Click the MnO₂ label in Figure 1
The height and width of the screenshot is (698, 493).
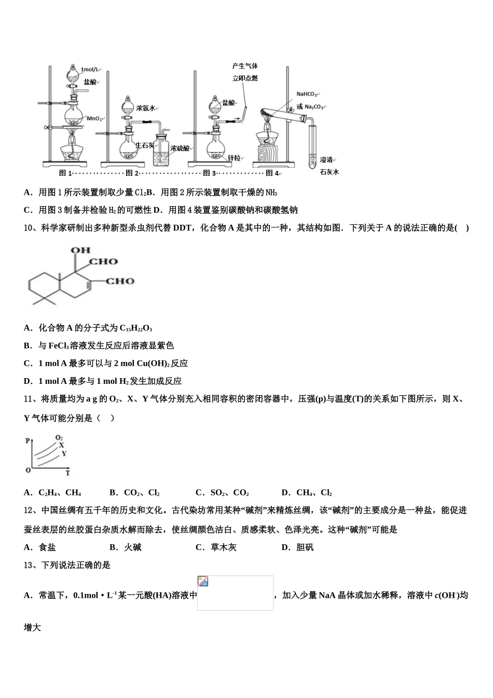point(94,119)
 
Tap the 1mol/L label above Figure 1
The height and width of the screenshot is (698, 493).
point(90,69)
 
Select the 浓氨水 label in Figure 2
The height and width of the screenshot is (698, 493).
point(146,108)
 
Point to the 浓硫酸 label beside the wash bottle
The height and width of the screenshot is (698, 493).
point(181,148)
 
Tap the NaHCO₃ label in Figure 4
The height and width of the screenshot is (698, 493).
point(307,94)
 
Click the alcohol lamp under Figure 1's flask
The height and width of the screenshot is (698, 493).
point(73,152)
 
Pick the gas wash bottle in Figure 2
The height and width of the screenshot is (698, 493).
point(164,151)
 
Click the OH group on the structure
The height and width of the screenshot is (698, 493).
point(80,250)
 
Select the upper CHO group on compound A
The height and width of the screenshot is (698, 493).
point(104,262)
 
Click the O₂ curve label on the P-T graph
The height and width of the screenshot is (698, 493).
point(59,438)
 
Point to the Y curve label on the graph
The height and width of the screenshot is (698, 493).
point(64,453)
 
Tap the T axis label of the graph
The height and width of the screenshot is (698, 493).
point(67,473)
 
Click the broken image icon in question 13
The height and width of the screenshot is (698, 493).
point(203,581)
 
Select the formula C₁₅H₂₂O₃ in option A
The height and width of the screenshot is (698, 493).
point(135,328)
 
